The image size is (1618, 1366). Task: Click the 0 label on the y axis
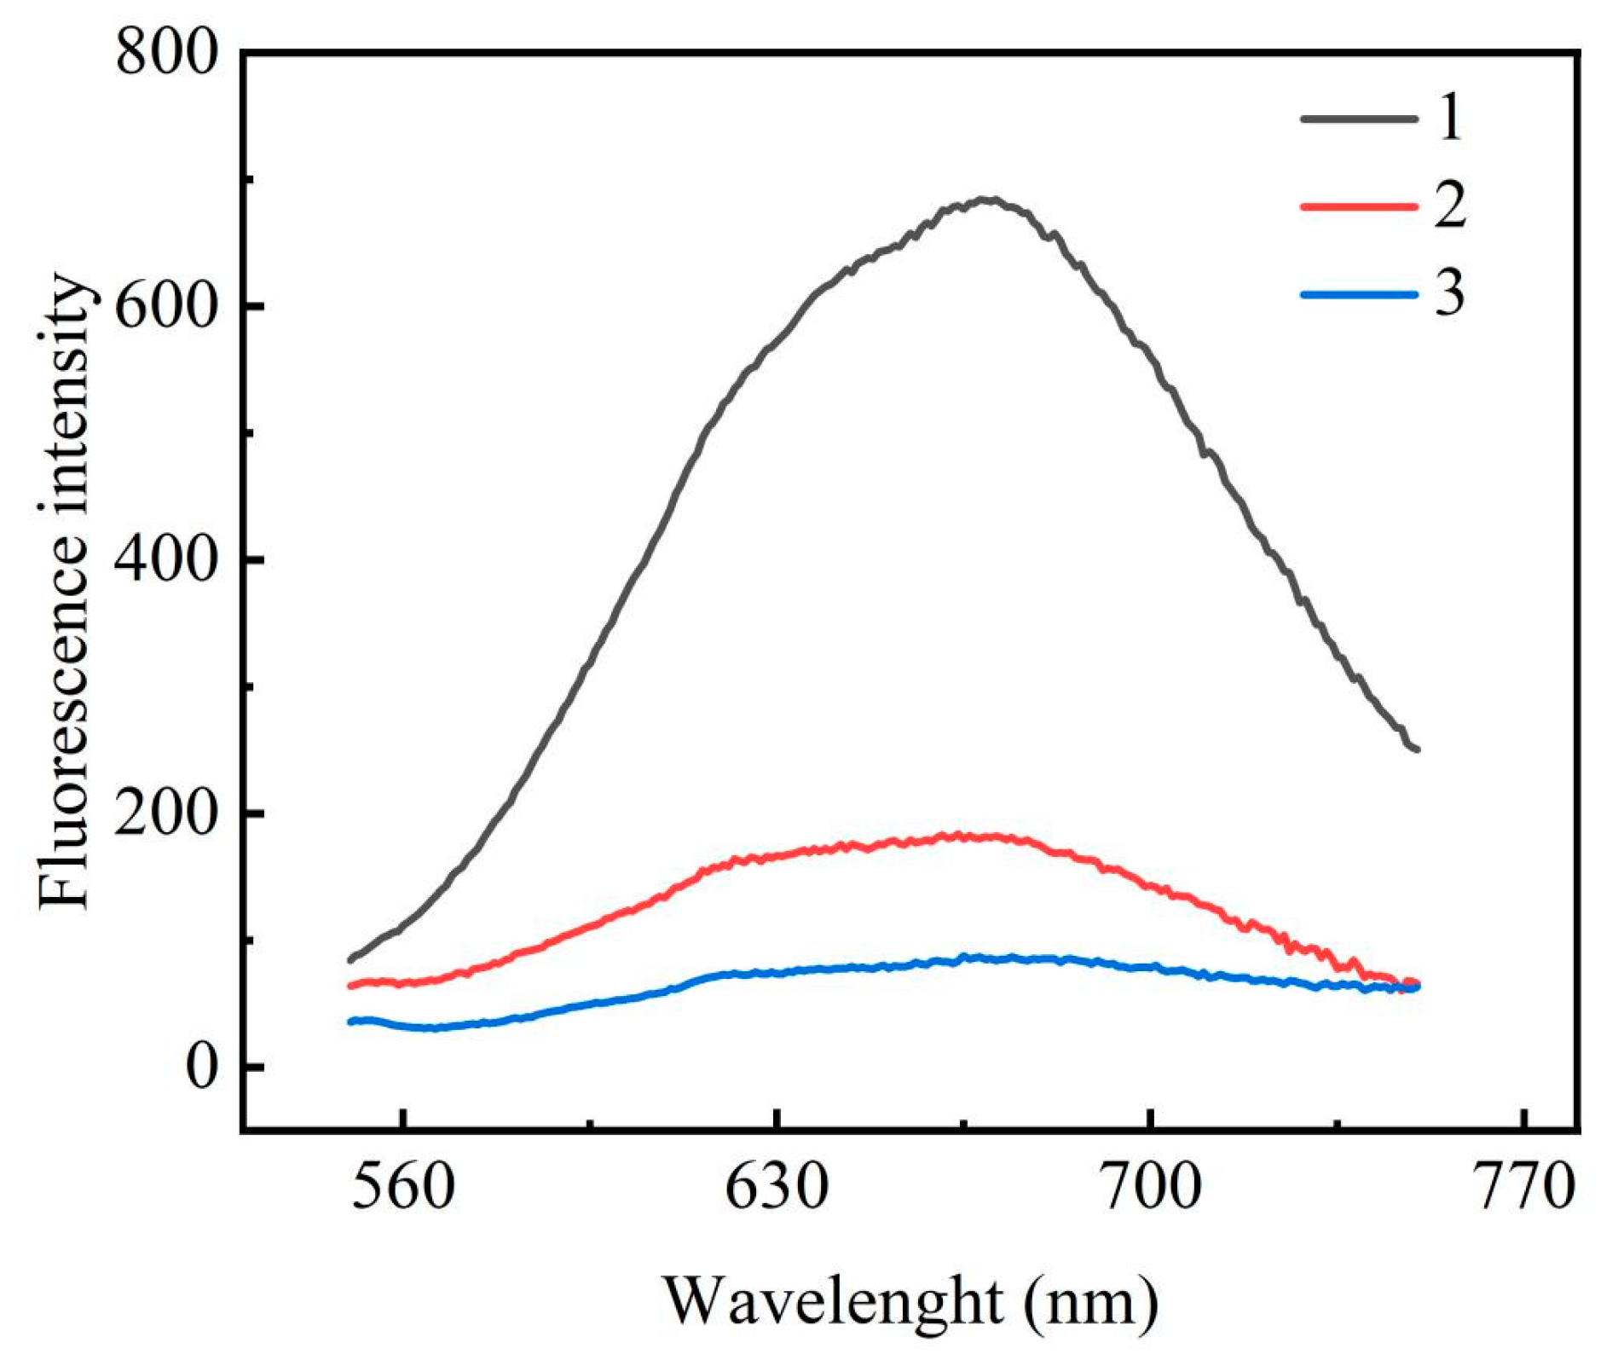point(201,1067)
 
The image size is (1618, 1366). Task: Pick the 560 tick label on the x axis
point(403,1188)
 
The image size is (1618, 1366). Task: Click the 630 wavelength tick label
point(777,1188)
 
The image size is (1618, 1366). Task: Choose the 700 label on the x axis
point(1151,1188)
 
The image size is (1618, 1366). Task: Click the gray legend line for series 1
point(1358,119)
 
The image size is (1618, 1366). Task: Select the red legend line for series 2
point(1358,206)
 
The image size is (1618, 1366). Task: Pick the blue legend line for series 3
point(1358,294)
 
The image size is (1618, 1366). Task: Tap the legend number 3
point(1449,294)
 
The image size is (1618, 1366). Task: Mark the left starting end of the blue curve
point(350,1022)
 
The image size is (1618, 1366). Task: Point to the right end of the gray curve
point(1417,750)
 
